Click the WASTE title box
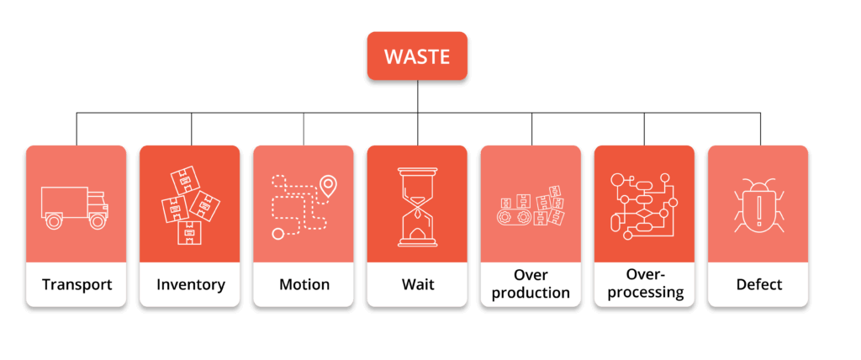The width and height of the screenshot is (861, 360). (417, 56)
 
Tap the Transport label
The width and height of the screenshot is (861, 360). (77, 284)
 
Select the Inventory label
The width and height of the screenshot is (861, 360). (191, 284)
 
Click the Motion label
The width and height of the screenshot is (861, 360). (304, 284)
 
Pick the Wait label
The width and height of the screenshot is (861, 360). (417, 284)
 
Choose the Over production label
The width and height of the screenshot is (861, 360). (531, 284)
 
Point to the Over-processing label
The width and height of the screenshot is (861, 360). (644, 284)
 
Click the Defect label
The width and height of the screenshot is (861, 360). (758, 284)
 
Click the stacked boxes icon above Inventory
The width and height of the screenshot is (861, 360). (190, 206)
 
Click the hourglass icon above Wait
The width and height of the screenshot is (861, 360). (417, 207)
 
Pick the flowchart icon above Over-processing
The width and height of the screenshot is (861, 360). (644, 206)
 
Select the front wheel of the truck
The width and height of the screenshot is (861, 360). (98, 221)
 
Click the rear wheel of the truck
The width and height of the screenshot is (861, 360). (55, 221)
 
